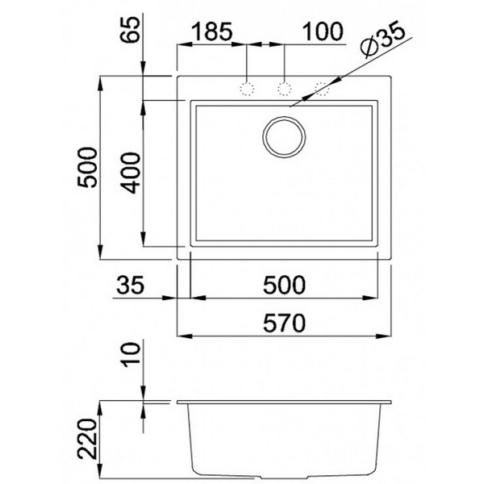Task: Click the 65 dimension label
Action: [130, 30]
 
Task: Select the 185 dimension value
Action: [211, 31]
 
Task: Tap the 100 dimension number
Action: [323, 31]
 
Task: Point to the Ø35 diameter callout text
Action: [382, 40]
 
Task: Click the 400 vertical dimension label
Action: [131, 173]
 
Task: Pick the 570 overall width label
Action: [284, 323]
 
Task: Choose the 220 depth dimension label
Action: [87, 439]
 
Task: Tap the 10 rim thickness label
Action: [130, 355]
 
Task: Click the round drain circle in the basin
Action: [284, 137]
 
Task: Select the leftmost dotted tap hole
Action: [247, 89]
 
